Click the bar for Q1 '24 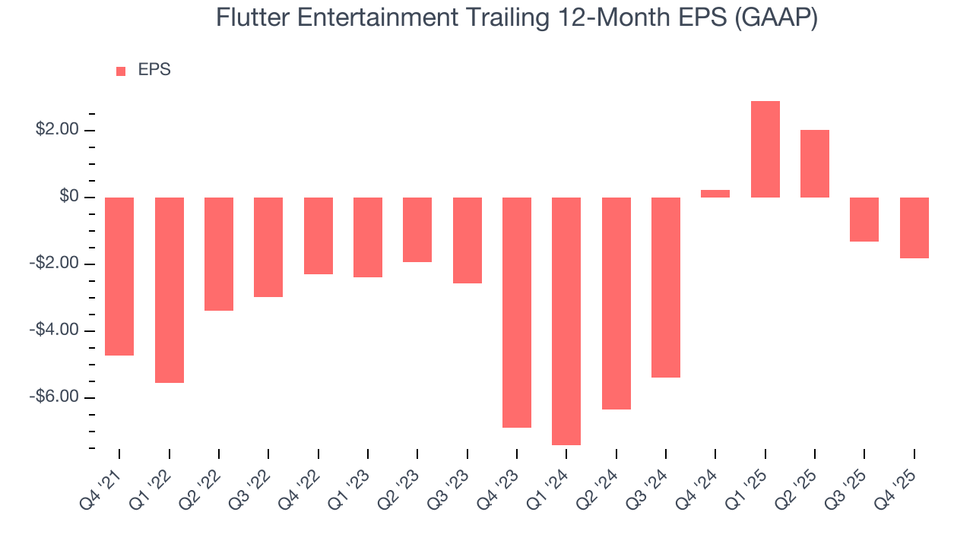[566, 321]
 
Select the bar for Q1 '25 [765, 149]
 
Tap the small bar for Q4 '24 [715, 194]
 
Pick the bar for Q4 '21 [119, 276]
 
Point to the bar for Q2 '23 [417, 229]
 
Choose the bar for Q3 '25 [864, 220]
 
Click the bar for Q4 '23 [517, 312]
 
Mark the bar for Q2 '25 [815, 163]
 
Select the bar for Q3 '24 [666, 287]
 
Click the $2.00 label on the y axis [57, 131]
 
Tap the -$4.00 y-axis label [55, 330]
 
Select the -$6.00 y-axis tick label [55, 397]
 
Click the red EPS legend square [121, 71]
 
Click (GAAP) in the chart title [776, 17]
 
